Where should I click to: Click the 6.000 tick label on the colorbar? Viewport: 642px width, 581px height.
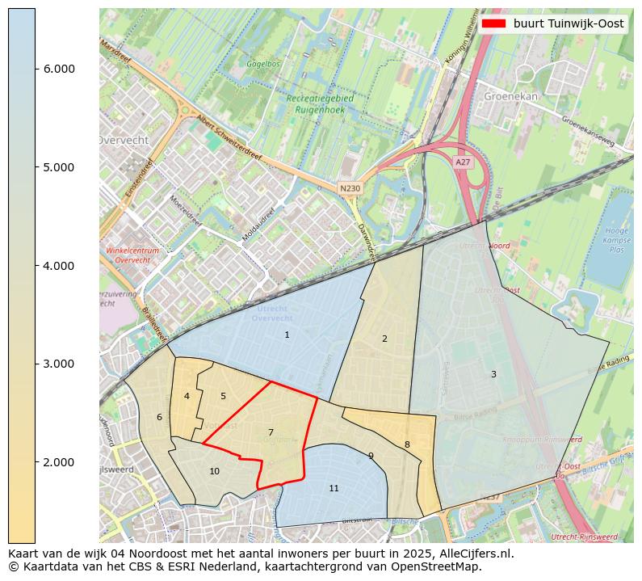coord(59,69)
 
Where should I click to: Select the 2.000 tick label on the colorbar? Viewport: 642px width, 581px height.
coord(59,462)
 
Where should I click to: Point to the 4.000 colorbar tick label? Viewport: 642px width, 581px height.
coord(59,266)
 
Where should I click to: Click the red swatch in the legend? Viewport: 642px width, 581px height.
coord(493,23)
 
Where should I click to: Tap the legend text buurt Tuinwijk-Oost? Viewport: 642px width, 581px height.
coord(569,23)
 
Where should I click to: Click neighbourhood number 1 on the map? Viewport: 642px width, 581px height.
coord(287,335)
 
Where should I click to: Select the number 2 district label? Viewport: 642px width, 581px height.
coord(384,339)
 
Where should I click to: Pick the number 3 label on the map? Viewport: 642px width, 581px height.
coord(493,374)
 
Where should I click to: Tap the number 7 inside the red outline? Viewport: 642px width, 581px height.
coord(271,432)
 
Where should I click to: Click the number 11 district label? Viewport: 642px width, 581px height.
coord(334,488)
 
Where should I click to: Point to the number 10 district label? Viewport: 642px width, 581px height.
coord(214,471)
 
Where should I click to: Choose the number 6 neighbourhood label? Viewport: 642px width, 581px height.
coord(159,417)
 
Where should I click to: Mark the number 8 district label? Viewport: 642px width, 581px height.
coord(407,444)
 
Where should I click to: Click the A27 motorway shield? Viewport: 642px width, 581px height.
coord(462,162)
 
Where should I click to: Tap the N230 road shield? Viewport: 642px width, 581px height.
coord(350,188)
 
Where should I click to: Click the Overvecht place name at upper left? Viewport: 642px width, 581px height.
coord(124,140)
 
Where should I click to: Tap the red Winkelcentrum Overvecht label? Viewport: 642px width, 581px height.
coord(132,255)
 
